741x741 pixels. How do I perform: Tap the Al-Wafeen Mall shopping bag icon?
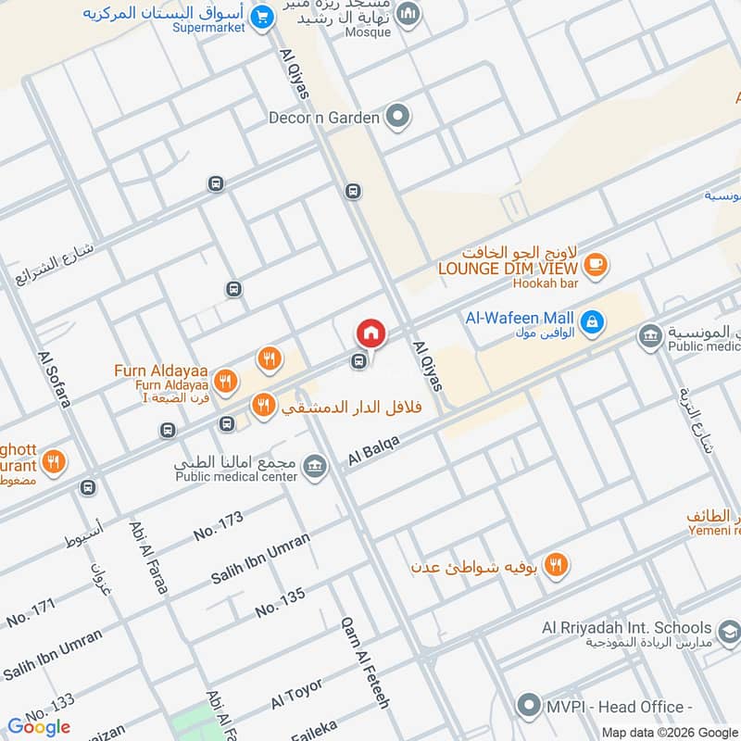pyautogui.click(x=593, y=322)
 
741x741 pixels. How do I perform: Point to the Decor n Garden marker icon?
pyautogui.click(x=398, y=117)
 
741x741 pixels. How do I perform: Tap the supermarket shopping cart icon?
pyautogui.click(x=262, y=16)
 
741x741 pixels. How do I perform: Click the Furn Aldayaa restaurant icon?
pyautogui.click(x=224, y=380)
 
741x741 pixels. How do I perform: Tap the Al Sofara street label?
pyautogui.click(x=54, y=380)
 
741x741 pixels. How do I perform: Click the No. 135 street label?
pyautogui.click(x=280, y=603)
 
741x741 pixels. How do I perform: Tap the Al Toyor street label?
pyautogui.click(x=296, y=693)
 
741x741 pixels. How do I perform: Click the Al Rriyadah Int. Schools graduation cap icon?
pyautogui.click(x=729, y=631)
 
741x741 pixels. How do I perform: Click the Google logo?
pyautogui.click(x=39, y=727)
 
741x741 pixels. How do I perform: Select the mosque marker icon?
pyautogui.click(x=408, y=15)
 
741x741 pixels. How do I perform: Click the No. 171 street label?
pyautogui.click(x=31, y=611)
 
